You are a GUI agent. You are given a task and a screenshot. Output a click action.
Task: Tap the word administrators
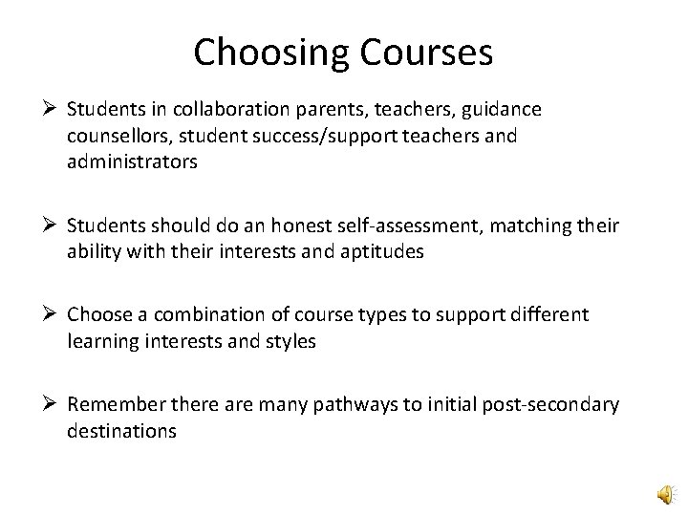(x=133, y=161)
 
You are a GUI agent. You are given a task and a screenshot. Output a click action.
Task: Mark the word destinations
(x=121, y=431)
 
